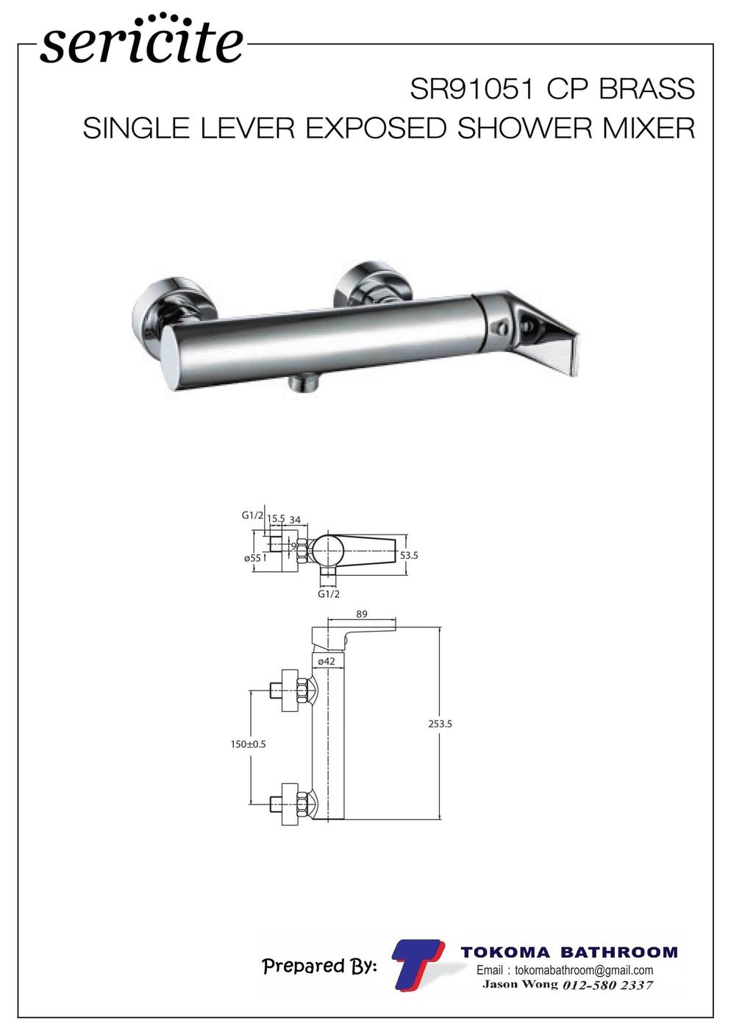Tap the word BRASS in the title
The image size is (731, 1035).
pos(647,88)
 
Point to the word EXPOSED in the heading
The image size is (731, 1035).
pos(376,127)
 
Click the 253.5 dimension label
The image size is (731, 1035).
pos(440,724)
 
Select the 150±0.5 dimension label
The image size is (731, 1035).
pos(249,744)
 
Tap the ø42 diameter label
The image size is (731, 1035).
pos(327,661)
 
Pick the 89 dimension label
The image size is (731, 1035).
pos(362,614)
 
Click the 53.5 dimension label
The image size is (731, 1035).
pos(409,555)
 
